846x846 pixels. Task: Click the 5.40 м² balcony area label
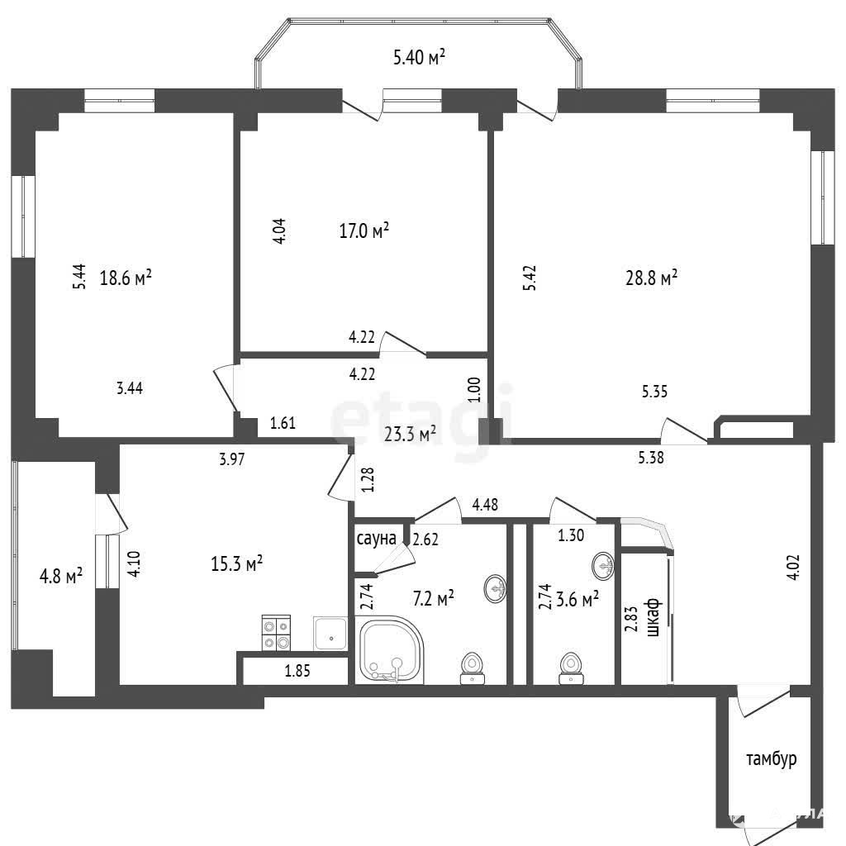(x=419, y=57)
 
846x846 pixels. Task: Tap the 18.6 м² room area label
(x=126, y=278)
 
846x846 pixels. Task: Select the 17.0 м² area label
(x=364, y=231)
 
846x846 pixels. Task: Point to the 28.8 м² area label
(x=651, y=278)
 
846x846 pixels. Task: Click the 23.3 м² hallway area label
(x=410, y=434)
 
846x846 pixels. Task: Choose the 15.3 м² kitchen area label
(x=237, y=564)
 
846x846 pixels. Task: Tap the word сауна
(x=376, y=539)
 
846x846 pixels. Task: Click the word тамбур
(x=772, y=758)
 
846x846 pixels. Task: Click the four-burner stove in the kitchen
(x=276, y=633)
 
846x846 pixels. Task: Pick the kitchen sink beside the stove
(x=330, y=634)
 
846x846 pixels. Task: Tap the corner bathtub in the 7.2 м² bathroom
(x=390, y=651)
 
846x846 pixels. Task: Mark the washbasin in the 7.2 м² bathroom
(x=496, y=587)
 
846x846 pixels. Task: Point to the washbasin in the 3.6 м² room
(x=602, y=566)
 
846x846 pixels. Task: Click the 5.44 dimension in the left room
(x=79, y=276)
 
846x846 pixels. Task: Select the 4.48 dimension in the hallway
(x=485, y=505)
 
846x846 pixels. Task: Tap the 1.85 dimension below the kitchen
(x=297, y=671)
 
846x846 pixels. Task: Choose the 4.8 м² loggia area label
(x=61, y=576)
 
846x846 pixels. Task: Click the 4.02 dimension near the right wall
(x=794, y=567)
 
